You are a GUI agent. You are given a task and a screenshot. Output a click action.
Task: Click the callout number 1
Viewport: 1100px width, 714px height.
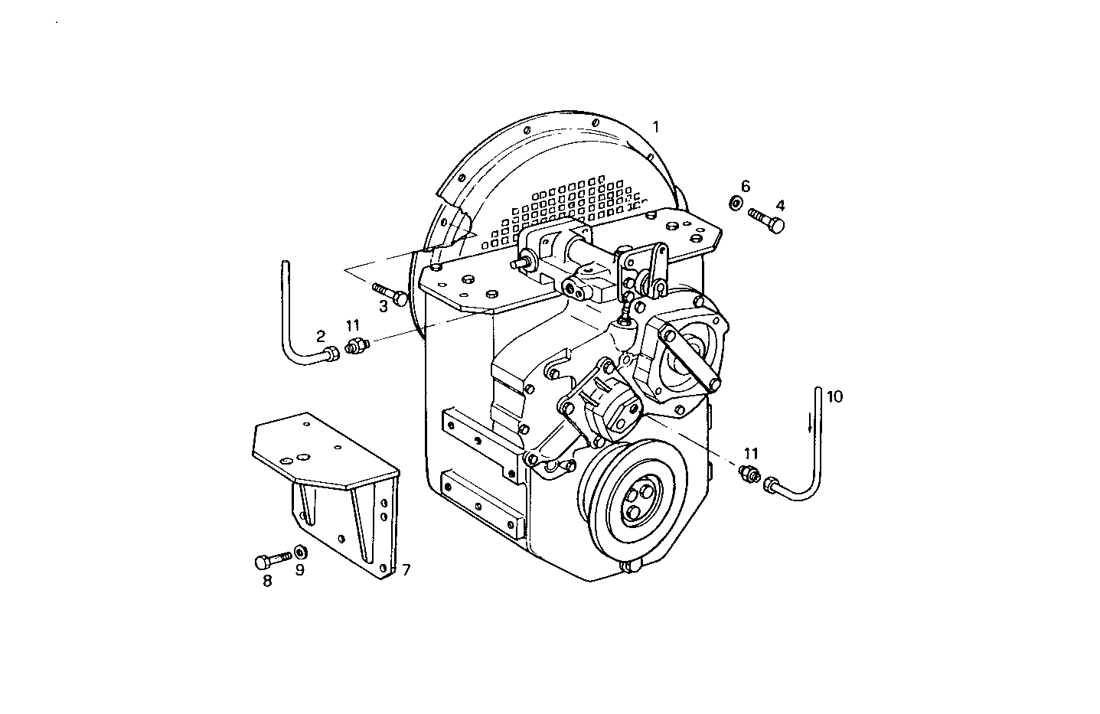[x=654, y=126]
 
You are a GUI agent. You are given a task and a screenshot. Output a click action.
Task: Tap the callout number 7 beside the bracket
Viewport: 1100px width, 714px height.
[x=406, y=569]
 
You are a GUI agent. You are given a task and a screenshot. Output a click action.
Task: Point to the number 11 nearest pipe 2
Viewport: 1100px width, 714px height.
[x=352, y=326]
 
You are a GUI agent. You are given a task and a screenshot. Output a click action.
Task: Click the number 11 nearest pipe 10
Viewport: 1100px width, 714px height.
[x=752, y=452]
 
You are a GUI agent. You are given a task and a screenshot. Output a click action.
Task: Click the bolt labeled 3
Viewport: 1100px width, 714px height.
[x=390, y=294]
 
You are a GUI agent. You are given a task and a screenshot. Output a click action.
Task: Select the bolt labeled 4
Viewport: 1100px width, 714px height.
[x=767, y=219]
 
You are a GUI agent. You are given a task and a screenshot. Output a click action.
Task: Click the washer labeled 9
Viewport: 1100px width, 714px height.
[x=299, y=551]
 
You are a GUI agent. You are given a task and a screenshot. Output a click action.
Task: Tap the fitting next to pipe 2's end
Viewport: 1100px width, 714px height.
[x=356, y=346]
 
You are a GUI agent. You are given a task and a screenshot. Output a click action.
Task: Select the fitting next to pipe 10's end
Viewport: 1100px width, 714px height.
[x=747, y=474]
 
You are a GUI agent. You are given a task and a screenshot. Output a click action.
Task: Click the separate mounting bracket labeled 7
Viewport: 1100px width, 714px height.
[x=329, y=490]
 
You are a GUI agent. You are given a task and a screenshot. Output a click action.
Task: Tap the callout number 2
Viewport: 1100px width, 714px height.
[x=321, y=336]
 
